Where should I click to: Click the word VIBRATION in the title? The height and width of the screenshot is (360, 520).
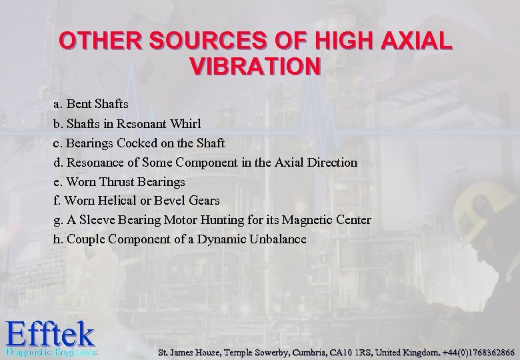click(x=255, y=67)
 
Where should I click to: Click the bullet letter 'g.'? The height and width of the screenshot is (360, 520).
click(x=58, y=220)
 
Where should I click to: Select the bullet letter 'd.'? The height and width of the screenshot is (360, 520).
click(x=59, y=162)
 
